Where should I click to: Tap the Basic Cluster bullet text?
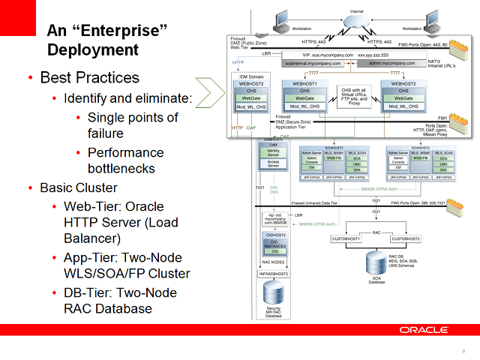[x=79, y=187]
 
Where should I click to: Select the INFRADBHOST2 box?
[x=274, y=274]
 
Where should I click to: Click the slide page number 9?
[x=463, y=351]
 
